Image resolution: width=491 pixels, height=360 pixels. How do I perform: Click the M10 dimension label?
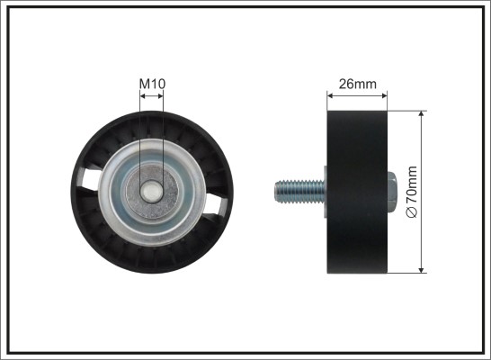coord(152,84)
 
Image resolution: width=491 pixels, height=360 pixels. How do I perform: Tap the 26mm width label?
coord(357,84)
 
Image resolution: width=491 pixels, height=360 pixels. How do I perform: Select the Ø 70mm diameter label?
coord(412,192)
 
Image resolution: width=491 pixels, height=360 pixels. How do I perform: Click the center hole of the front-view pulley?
coord(152,192)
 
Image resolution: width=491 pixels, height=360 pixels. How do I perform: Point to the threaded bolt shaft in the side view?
coord(299,192)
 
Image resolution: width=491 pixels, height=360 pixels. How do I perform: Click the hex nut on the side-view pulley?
coord(392,192)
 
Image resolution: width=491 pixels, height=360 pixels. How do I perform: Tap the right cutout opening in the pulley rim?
coord(215,204)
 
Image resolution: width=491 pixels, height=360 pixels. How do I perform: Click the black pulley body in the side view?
coord(357,192)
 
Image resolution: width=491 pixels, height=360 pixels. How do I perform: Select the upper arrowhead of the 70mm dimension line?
coord(422,114)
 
